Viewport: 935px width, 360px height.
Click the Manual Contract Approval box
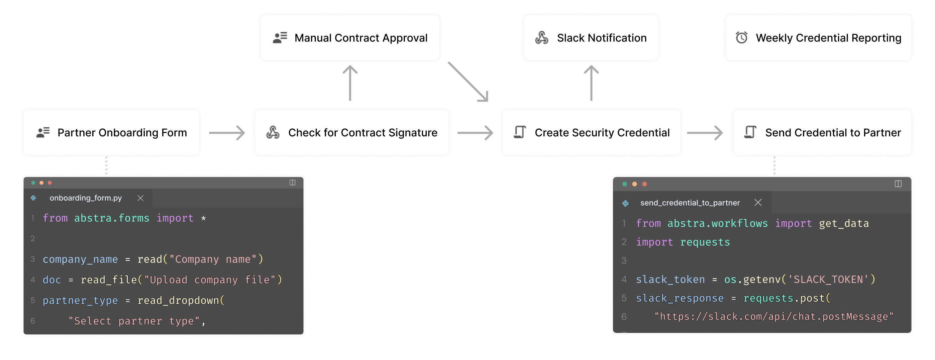[x=350, y=38]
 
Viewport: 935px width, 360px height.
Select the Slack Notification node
[x=591, y=38]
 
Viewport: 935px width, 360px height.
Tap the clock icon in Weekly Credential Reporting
[x=741, y=38]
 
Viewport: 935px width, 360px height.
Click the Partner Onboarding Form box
[x=111, y=132]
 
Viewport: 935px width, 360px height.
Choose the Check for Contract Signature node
[x=351, y=132]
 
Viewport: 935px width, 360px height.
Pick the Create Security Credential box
[x=591, y=132]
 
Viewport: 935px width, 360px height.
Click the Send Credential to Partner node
[x=822, y=132]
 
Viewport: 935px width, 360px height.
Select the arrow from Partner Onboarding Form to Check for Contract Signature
[x=227, y=133]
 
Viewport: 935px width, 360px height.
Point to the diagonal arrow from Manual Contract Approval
[x=468, y=82]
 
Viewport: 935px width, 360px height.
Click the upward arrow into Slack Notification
[x=591, y=83]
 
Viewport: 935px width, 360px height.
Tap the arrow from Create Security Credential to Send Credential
[x=705, y=133]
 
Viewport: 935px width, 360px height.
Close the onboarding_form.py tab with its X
[x=140, y=198]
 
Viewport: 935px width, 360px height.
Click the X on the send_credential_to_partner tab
[x=757, y=203]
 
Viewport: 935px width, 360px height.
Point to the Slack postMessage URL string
[x=773, y=317]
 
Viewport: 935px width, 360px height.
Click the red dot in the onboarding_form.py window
[x=50, y=183]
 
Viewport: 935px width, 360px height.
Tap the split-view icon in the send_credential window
[x=898, y=184]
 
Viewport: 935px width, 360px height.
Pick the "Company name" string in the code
[x=213, y=259]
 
